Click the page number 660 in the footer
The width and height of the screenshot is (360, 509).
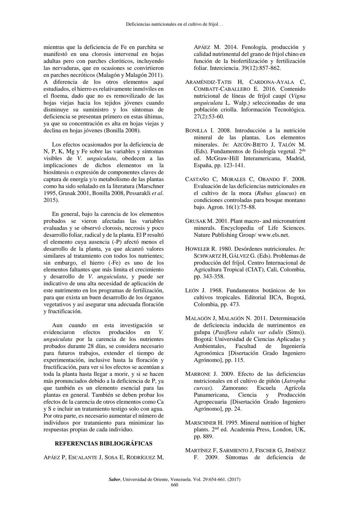tap(174, 485)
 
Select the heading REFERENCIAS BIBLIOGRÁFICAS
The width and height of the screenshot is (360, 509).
tap(103, 444)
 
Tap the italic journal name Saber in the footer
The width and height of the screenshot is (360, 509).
tap(115, 480)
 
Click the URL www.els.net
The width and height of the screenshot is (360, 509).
tap(273, 235)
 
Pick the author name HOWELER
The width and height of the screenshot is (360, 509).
tap(197, 249)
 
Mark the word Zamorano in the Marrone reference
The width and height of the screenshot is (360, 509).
tap(236, 388)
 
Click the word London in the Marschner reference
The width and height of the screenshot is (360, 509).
tap(283, 430)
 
